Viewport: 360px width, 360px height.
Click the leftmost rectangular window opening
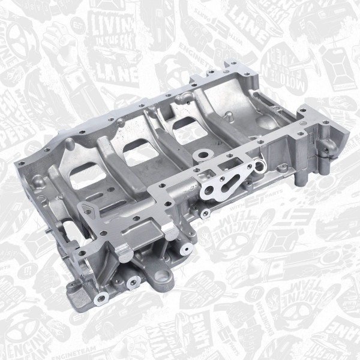(85, 175)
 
